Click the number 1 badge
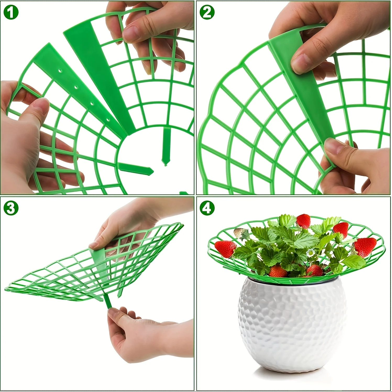pos(11,12)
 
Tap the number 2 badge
pos(207,12)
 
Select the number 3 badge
pos(11,208)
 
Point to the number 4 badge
pos(207,208)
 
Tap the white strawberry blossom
pos(311,252)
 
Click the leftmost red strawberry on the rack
pos(225,249)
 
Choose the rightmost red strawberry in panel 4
pos(365,247)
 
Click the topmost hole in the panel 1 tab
pos(60,71)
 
